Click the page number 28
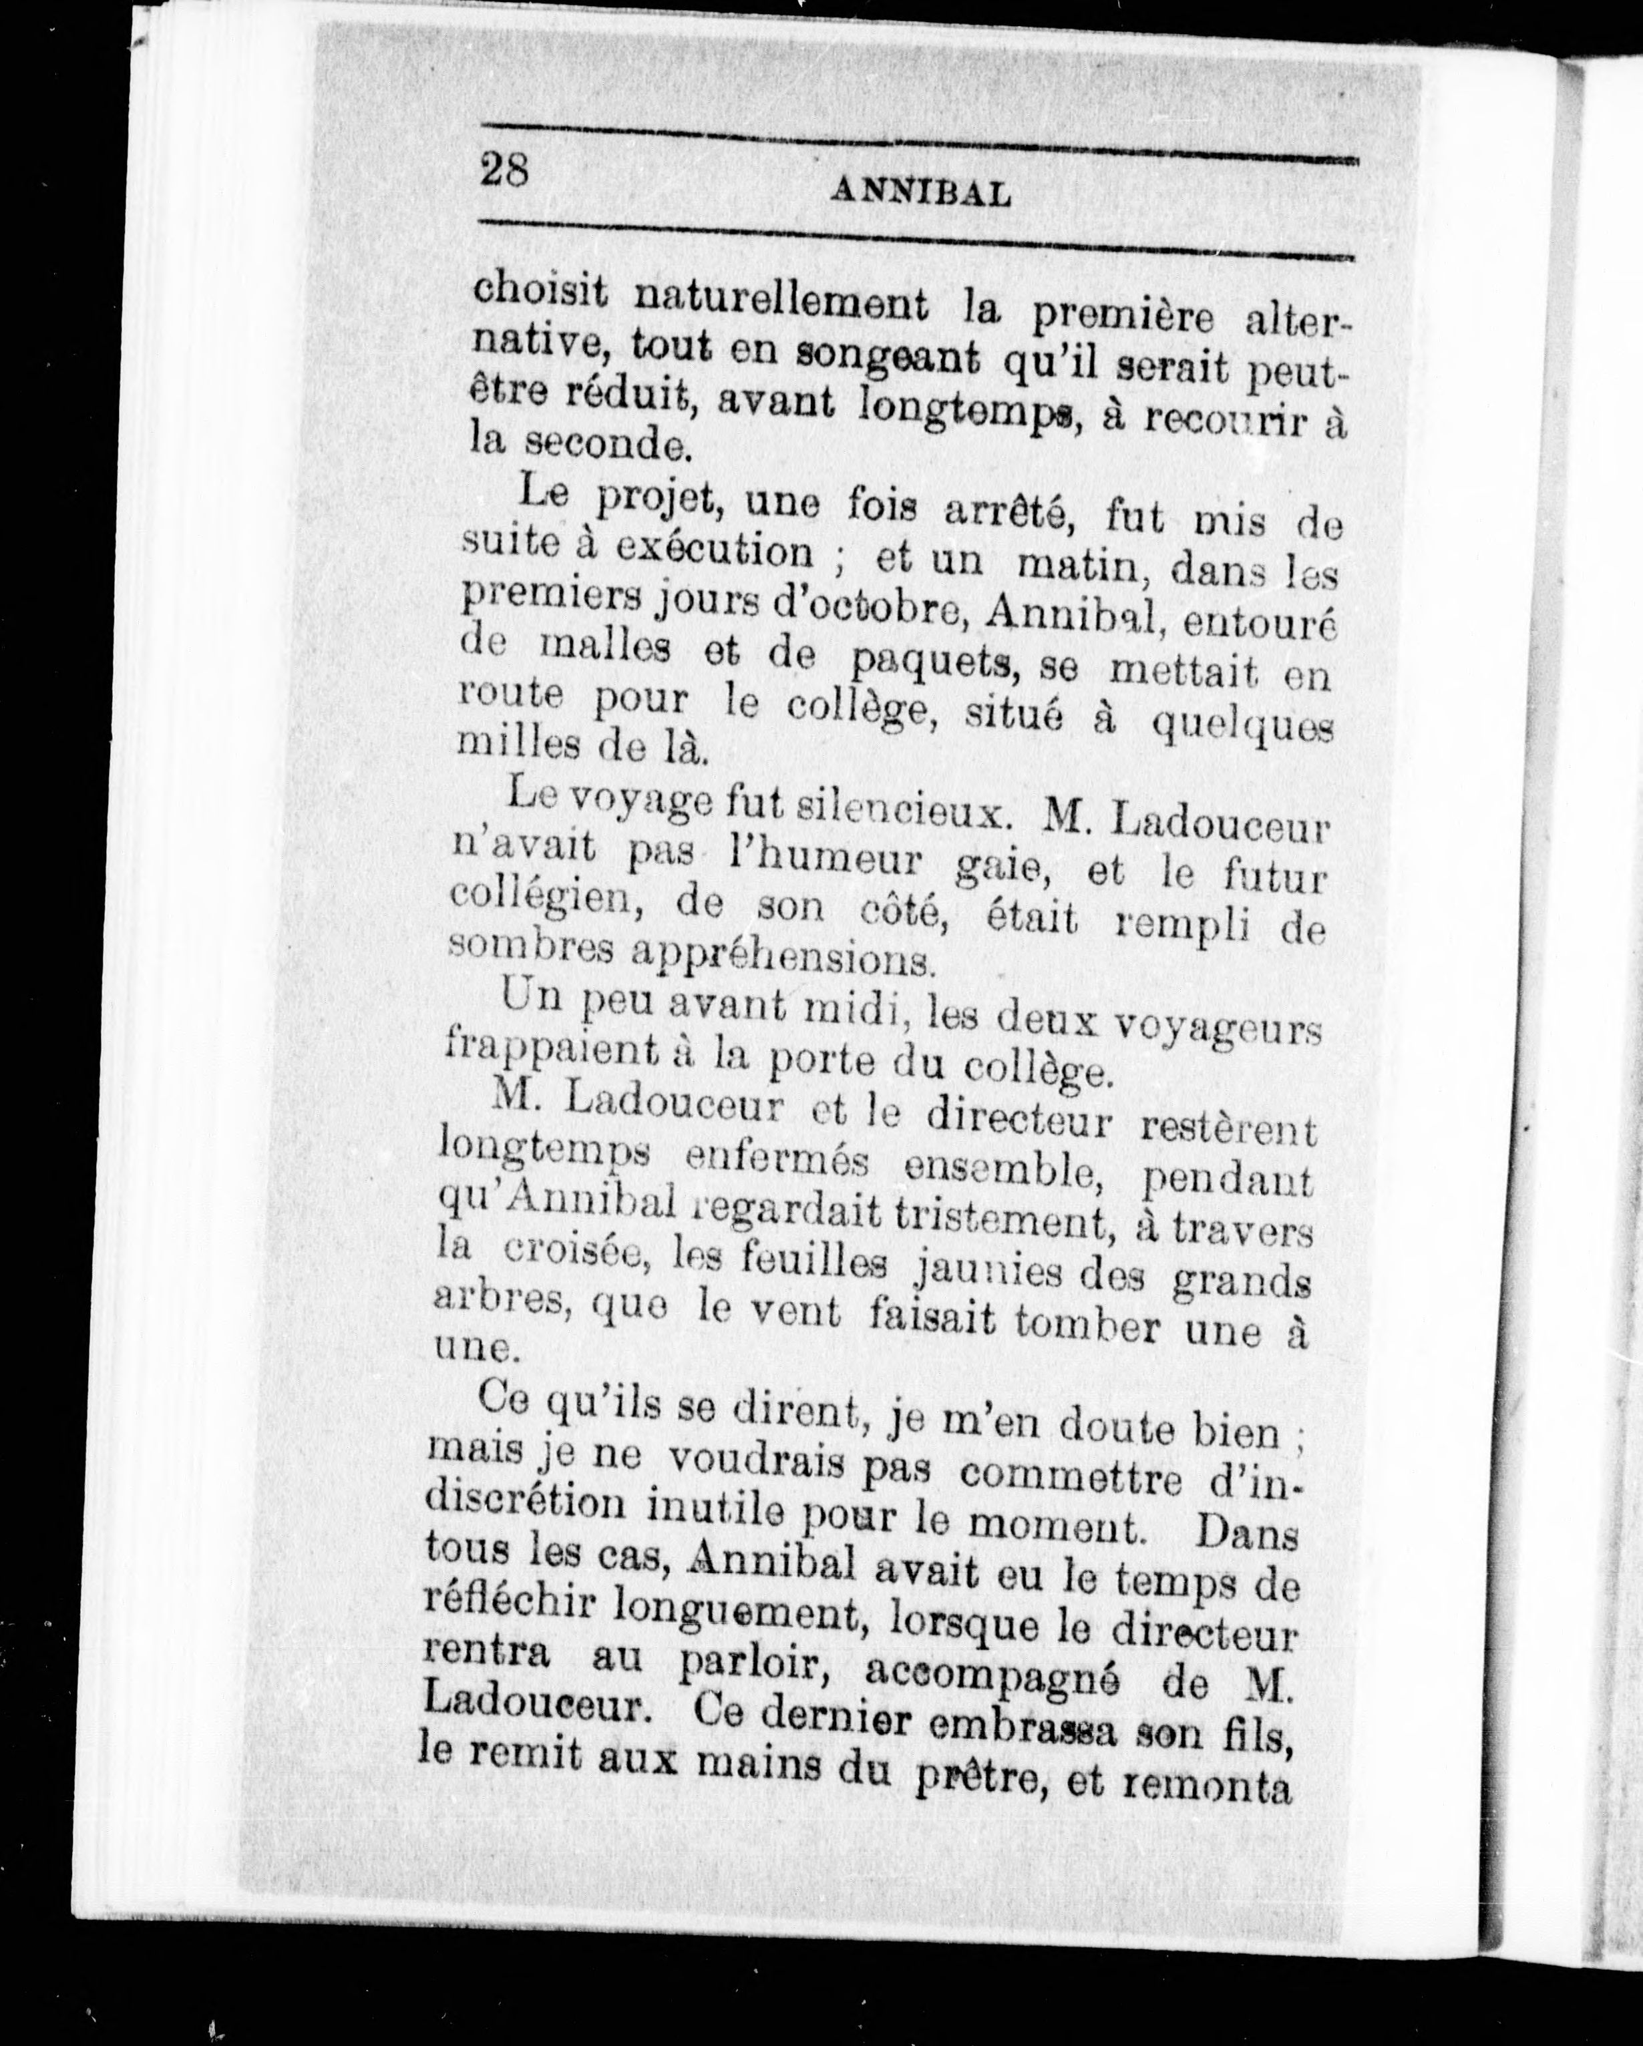pyautogui.click(x=505, y=171)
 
